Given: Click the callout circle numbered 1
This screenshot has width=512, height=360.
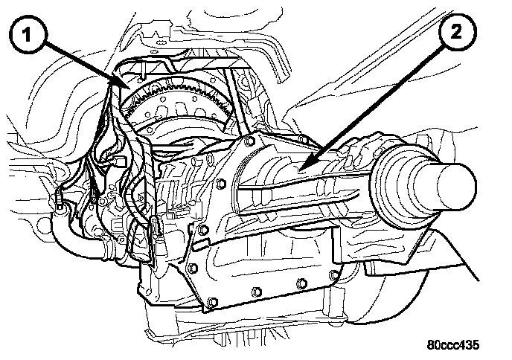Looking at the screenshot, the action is pyautogui.click(x=28, y=34).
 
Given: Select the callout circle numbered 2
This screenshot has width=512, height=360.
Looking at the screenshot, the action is pyautogui.click(x=456, y=32).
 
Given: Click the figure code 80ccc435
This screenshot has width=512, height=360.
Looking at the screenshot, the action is pyautogui.click(x=453, y=344).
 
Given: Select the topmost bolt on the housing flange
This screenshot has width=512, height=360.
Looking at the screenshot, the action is pyautogui.click(x=251, y=141).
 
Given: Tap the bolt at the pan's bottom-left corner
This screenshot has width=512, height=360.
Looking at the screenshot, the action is pyautogui.click(x=213, y=302).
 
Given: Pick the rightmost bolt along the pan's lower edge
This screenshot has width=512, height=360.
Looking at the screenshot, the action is pyautogui.click(x=333, y=274).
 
